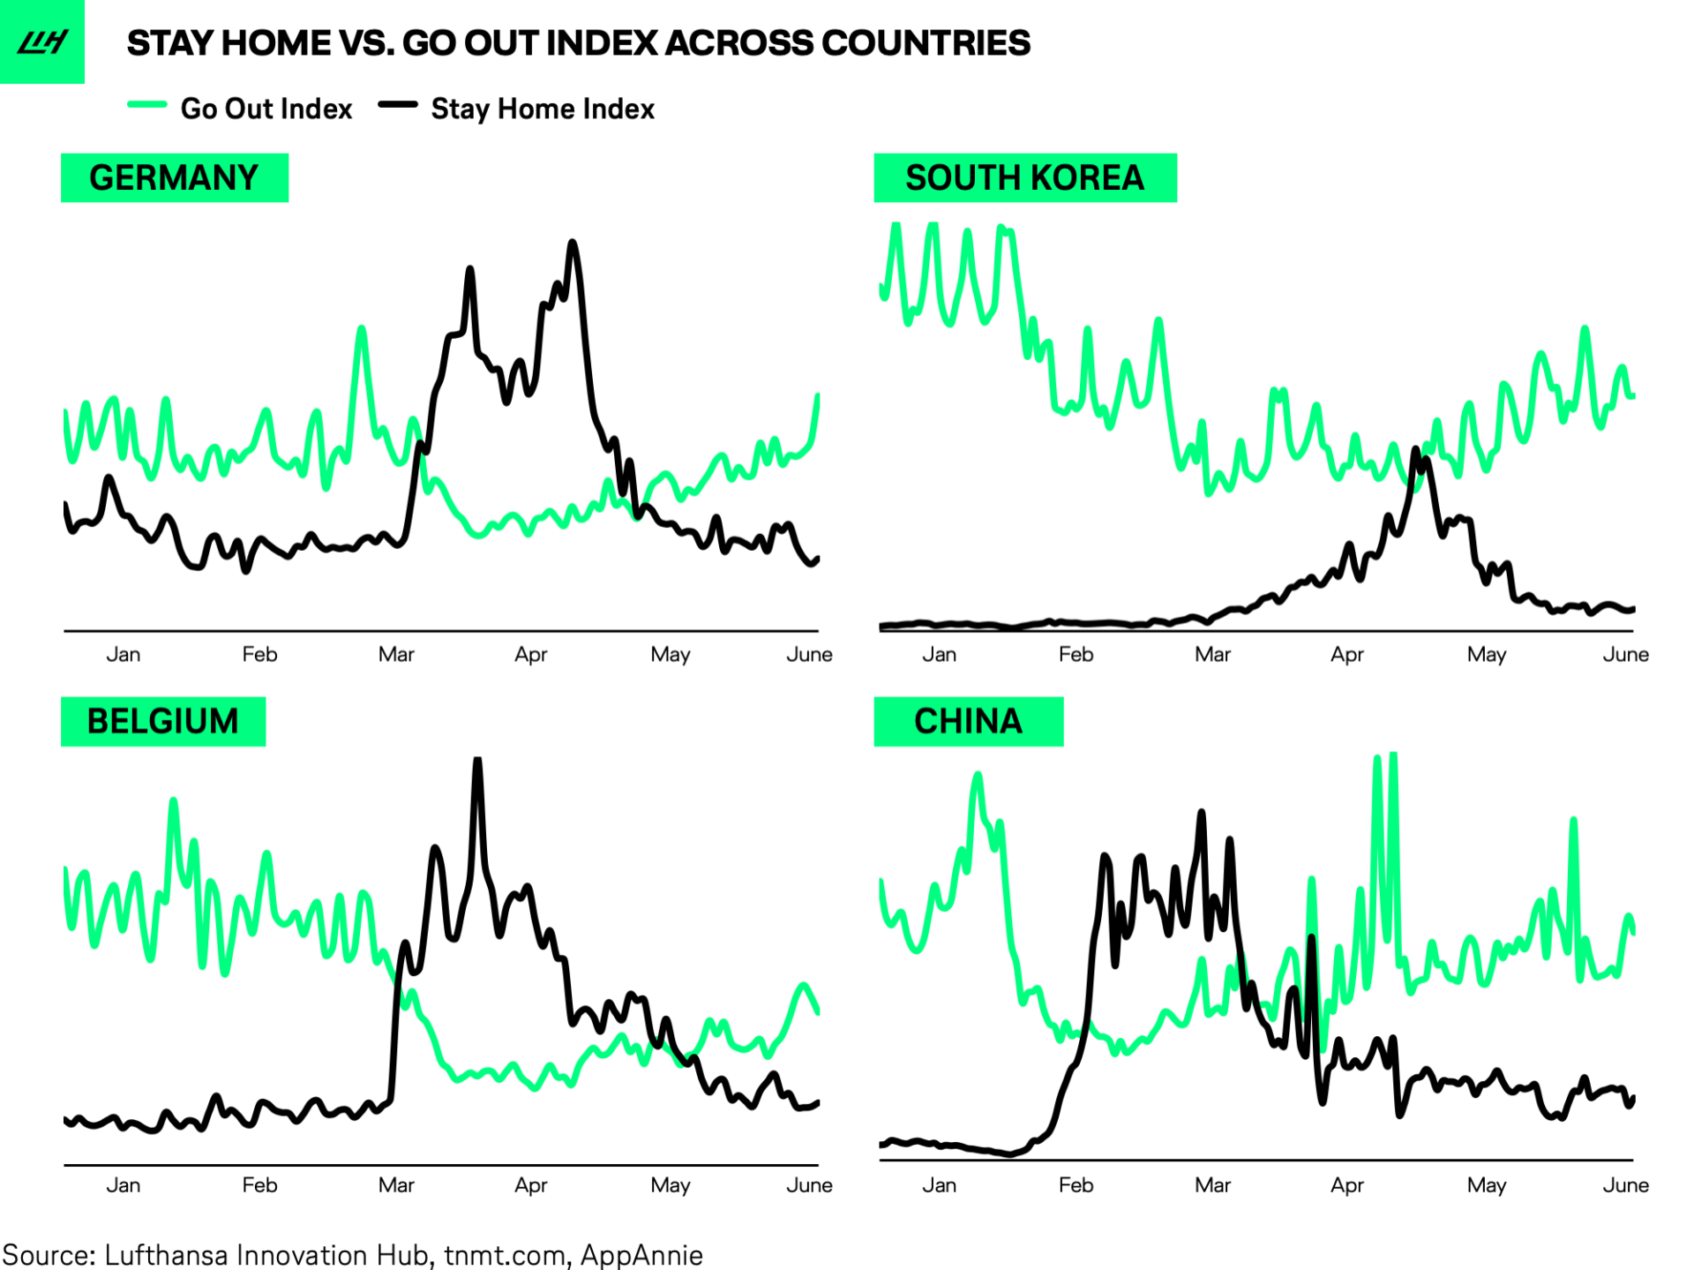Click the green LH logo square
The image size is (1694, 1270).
click(x=41, y=41)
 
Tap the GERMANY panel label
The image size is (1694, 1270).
click(x=174, y=177)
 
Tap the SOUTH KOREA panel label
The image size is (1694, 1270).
click(x=1023, y=177)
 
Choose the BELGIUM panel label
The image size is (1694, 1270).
click(x=162, y=721)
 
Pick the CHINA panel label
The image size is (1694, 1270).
click(x=968, y=721)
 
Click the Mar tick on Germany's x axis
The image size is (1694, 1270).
click(x=396, y=654)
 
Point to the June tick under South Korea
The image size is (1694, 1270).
click(x=1625, y=654)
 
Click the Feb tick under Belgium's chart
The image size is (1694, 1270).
click(x=259, y=1184)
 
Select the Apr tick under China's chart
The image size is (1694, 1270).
click(x=1346, y=1184)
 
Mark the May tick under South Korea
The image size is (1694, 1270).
click(x=1486, y=654)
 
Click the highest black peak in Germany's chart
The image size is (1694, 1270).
click(x=573, y=243)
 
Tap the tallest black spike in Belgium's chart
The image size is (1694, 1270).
click(x=477, y=761)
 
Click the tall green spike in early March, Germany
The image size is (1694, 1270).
click(x=361, y=330)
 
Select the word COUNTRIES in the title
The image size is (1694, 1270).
click(x=926, y=42)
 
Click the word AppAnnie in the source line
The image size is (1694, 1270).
click(x=641, y=1254)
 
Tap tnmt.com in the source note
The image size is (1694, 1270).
click(x=504, y=1254)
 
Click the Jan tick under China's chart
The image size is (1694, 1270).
click(x=939, y=1184)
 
